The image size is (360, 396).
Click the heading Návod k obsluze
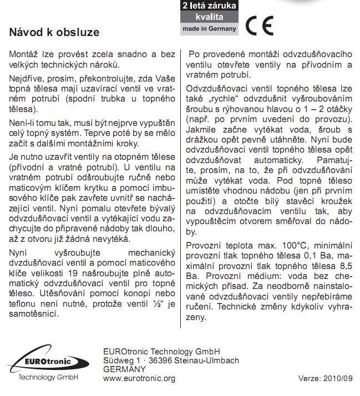pyautogui.click(x=54, y=32)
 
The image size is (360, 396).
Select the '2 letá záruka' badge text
pyautogui.click(x=210, y=6)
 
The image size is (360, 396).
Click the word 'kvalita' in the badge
pyautogui.click(x=209, y=17)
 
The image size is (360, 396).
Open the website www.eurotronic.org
pyautogui.click(x=139, y=379)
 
